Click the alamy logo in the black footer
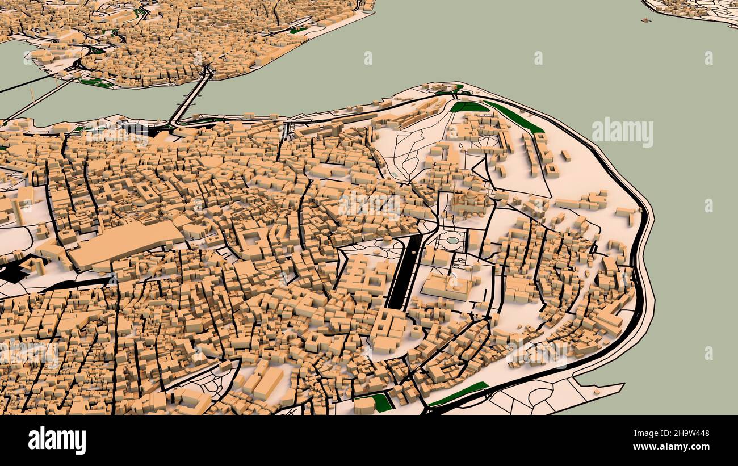57,440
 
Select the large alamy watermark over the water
622,132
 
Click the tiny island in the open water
645,20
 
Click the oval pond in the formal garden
452,241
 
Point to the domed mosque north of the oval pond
471,201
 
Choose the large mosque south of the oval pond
448,287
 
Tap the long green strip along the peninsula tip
514,116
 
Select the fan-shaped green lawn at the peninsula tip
468,107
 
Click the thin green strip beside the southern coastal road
459,393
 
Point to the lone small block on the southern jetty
597,391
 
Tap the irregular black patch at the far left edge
12,271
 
